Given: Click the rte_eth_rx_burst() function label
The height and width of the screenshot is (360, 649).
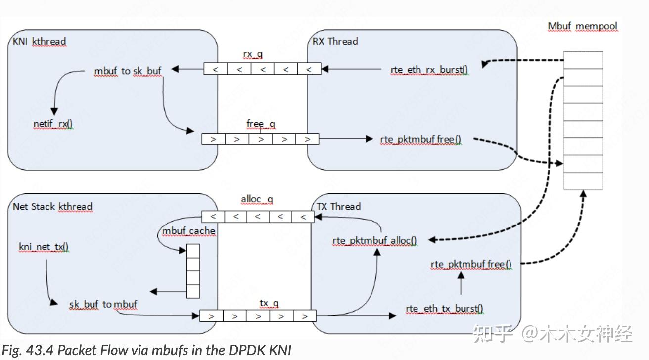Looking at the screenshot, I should click(429, 70).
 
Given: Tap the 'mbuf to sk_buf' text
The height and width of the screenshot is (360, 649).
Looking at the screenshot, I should click(128, 71).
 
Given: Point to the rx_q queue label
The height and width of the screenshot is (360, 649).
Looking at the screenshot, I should click(253, 54).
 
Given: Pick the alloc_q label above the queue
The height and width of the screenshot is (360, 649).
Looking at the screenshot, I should click(257, 200).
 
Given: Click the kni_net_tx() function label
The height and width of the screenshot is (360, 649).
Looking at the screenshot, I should click(44, 247).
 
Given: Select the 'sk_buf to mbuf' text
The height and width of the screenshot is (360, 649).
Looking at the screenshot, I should click(103, 304).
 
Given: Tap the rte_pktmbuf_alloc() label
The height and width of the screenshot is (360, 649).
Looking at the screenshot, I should click(374, 241).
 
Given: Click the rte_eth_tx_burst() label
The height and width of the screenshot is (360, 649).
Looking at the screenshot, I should click(444, 309).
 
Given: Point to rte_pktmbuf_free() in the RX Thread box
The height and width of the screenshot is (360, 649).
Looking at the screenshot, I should click(420, 139).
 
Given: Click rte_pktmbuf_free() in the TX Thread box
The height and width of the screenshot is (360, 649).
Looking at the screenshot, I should click(471, 265).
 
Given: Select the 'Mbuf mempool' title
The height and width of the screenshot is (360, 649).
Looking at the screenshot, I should click(582, 26).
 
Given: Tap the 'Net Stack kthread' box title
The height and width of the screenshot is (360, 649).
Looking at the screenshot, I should click(52, 206).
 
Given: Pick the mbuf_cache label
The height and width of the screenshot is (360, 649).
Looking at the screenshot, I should click(188, 231).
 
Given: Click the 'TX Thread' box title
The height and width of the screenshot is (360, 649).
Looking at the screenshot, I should click(338, 206).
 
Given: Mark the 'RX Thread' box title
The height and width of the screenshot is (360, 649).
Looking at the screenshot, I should click(335, 41).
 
